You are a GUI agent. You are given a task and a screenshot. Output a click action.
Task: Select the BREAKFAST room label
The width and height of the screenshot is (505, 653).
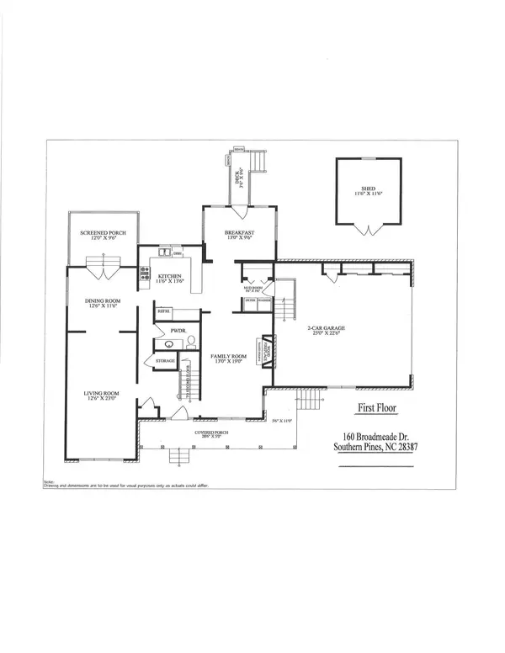[x=238, y=233]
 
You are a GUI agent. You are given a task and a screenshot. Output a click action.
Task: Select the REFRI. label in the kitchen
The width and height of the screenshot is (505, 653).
[x=164, y=312]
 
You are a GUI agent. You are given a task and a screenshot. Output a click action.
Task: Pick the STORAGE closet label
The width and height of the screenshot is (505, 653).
[x=165, y=362]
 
